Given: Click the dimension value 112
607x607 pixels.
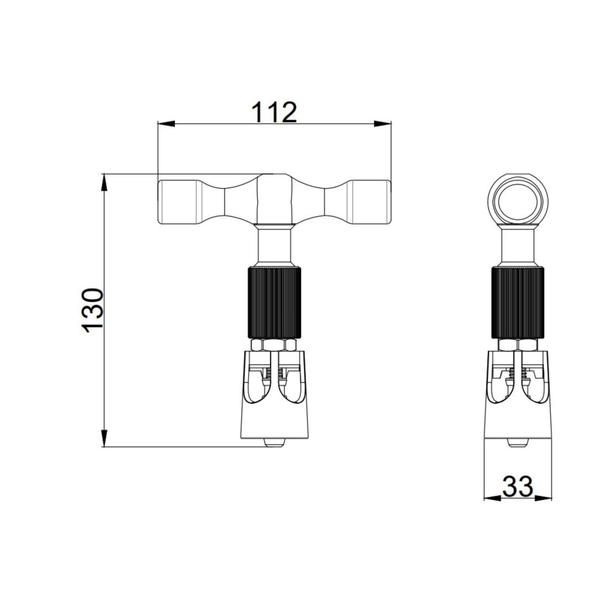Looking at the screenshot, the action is tap(274, 112).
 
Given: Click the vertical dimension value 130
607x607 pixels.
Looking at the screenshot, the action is tap(92, 310).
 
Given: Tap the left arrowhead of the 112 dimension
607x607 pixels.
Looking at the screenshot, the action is tap(166, 124).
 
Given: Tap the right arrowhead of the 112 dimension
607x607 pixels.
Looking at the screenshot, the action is tap(382, 124).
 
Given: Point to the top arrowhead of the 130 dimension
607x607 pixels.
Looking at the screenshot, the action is tap(104, 183).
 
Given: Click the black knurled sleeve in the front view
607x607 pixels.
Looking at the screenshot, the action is tap(274, 302).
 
